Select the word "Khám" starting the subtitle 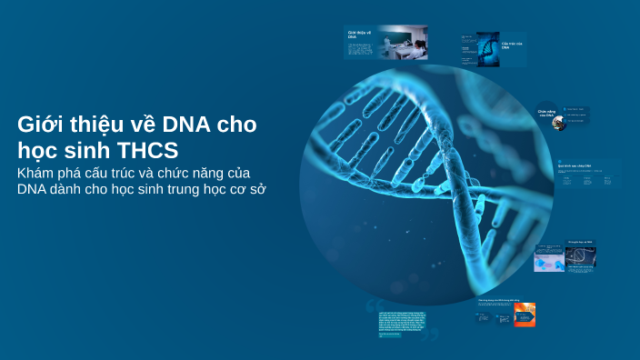tap(37, 173)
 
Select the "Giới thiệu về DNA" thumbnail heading tap(360, 35)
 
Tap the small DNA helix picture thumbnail tap(487, 49)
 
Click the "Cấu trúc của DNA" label tap(512, 43)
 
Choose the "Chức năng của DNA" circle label tap(545, 114)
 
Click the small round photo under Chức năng tap(559, 124)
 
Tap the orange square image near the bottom tap(524, 315)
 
